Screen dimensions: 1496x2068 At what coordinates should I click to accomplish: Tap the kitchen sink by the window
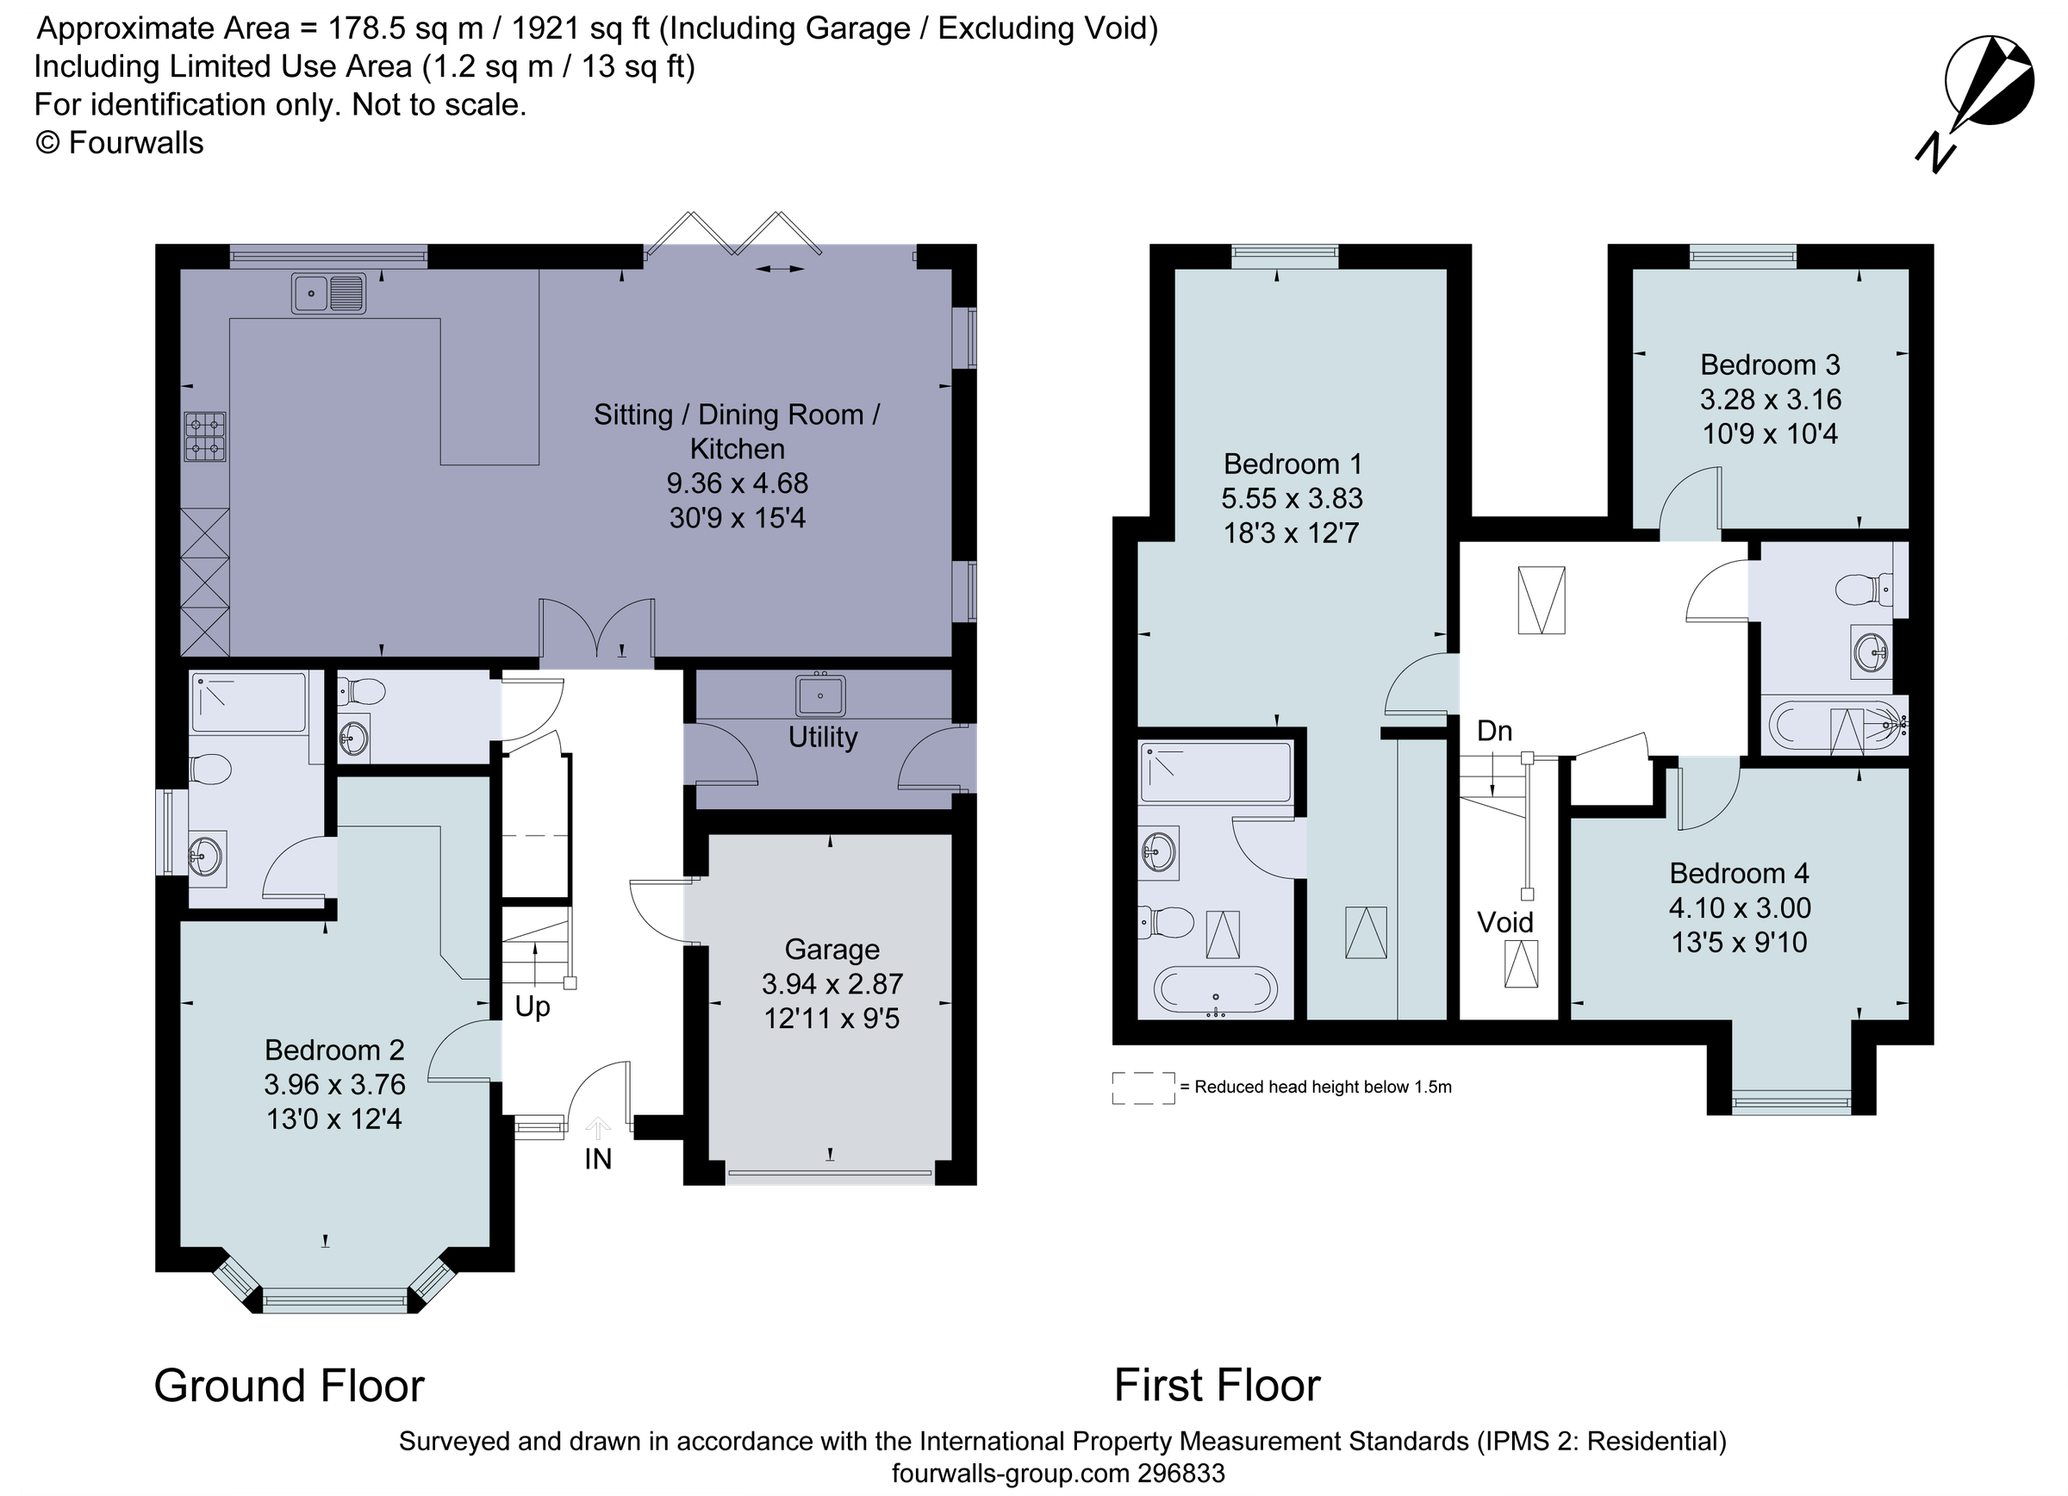(328, 294)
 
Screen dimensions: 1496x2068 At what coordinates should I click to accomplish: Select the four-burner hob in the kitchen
(205, 437)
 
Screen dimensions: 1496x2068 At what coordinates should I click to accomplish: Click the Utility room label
(822, 738)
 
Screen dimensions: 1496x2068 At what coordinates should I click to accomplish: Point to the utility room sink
(819, 695)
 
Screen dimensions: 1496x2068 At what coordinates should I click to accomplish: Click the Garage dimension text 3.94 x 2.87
(832, 983)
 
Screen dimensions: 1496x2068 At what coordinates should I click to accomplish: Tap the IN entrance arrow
(597, 1131)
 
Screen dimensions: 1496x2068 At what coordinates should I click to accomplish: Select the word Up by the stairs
(533, 1007)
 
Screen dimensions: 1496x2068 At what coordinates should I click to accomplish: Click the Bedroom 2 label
(333, 1050)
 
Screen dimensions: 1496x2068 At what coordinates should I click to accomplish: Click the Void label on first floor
(1505, 923)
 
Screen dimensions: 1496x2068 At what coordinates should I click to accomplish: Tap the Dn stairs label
(1494, 731)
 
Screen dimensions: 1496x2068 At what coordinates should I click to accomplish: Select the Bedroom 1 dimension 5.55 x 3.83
(1292, 499)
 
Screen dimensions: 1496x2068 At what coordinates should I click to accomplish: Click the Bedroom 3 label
(1770, 365)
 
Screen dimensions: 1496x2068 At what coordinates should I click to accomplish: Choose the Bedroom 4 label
(1739, 873)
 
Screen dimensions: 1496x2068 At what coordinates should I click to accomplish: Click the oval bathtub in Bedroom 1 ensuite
(1216, 989)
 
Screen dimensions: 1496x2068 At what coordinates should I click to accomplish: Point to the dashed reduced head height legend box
(1143, 1088)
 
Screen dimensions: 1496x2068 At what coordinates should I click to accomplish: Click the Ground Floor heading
(289, 1386)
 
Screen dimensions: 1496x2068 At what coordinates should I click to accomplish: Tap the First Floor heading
(1217, 1386)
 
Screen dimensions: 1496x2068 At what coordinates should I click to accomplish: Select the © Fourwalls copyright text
(120, 143)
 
